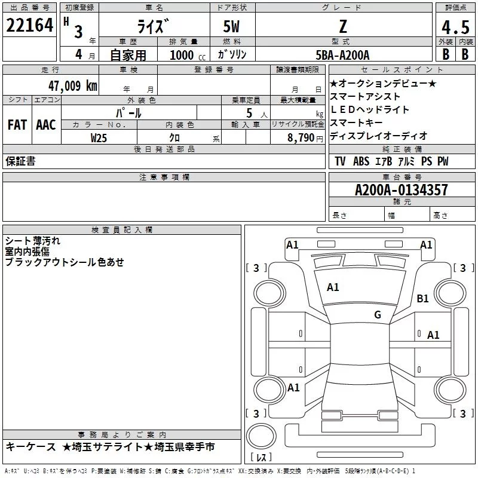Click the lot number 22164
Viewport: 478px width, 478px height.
30,26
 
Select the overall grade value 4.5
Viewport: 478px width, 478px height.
454,27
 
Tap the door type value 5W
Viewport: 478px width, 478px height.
232,27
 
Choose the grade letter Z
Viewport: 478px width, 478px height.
342,27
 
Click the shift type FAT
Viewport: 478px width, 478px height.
17,125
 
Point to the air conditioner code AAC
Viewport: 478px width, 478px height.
46,125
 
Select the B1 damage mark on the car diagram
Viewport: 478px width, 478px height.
423,298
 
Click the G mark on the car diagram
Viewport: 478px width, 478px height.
377,315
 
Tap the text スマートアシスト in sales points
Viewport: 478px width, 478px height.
365,96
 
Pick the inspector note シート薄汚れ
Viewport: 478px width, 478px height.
33,241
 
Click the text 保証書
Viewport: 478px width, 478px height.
20,161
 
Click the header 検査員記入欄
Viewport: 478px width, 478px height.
122,230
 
